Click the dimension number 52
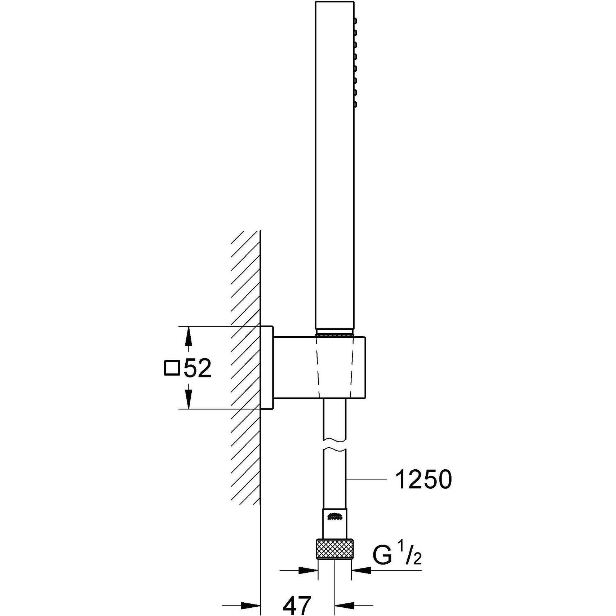coord(197,368)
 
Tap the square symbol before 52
coord(172,368)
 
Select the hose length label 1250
coord(423,479)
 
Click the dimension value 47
coord(297,606)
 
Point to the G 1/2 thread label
coord(396,555)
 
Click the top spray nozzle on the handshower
coord(355,21)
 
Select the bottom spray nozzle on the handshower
coord(355,105)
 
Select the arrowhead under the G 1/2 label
coord(362,570)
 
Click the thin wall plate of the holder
coord(266,368)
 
